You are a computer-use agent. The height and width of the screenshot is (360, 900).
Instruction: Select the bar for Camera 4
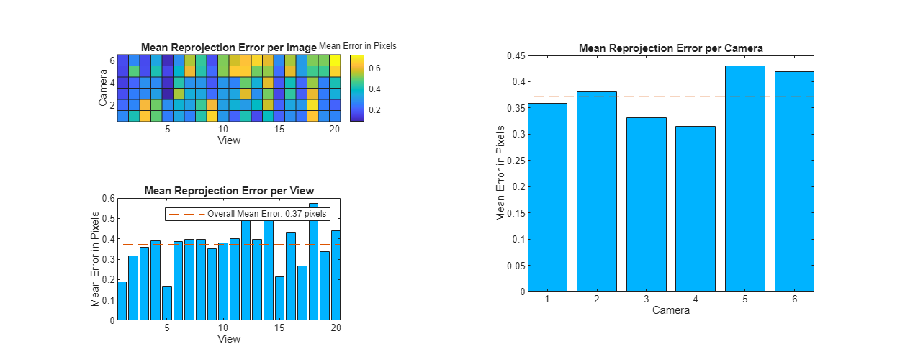click(695, 209)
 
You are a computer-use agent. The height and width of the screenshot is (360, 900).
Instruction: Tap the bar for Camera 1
click(547, 197)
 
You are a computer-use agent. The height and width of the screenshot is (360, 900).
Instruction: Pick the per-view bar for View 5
click(167, 303)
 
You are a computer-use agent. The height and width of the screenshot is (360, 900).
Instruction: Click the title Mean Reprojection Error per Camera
click(670, 48)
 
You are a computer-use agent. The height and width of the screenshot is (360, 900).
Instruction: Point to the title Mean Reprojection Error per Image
click(228, 48)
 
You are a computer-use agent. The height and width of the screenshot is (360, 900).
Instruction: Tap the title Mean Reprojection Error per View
click(229, 191)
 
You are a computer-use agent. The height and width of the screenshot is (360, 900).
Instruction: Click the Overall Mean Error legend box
click(247, 214)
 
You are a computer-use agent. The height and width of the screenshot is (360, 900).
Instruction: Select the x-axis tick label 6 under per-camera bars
click(794, 299)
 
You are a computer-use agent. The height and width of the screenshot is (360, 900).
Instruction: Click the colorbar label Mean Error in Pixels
click(357, 46)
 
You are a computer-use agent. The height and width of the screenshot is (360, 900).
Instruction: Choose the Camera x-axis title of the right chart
click(670, 311)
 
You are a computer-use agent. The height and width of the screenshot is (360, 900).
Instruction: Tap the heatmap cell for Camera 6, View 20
click(335, 60)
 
